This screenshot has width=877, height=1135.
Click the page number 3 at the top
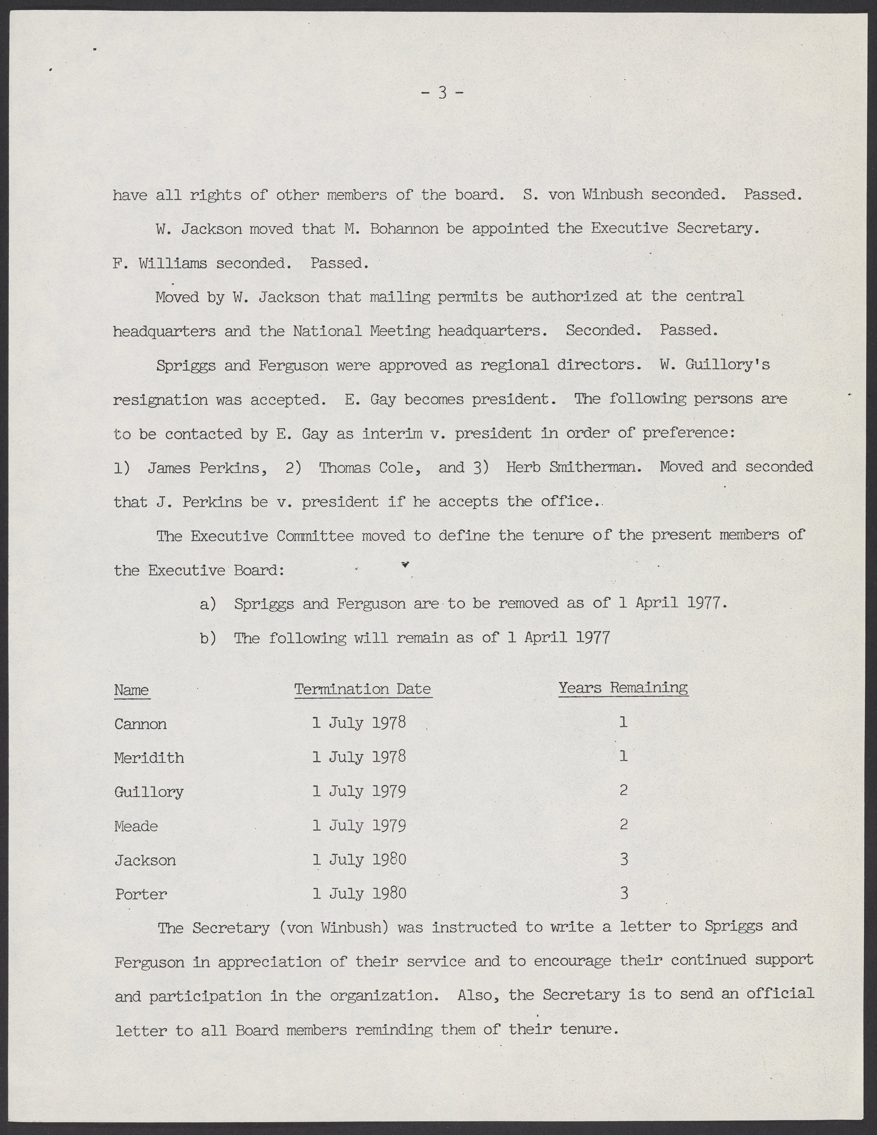[x=442, y=93]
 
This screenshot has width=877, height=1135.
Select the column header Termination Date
[x=363, y=690]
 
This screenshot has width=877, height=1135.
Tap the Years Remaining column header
[x=623, y=688]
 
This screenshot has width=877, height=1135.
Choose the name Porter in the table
[x=141, y=894]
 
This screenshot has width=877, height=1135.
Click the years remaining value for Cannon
[x=624, y=722]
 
